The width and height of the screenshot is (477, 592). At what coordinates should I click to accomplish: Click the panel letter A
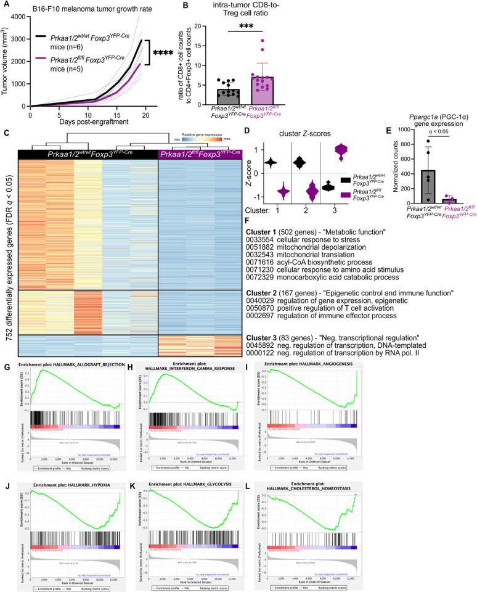click(x=6, y=5)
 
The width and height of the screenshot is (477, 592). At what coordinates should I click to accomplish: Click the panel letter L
click(x=322, y=472)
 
